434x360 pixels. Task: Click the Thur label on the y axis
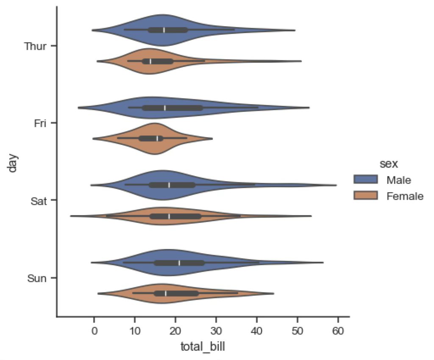35,46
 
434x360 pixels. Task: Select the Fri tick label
40,123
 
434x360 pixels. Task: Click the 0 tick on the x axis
94,330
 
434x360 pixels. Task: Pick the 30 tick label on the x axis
216,330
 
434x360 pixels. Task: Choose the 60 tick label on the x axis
338,330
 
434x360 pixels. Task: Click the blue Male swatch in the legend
365,180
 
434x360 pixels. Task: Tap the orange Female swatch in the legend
365,196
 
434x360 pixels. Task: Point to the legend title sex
388,163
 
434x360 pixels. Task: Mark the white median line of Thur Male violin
164,30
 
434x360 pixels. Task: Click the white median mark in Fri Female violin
157,138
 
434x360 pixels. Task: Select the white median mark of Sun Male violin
179,263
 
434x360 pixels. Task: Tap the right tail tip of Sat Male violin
336,185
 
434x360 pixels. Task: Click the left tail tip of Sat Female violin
71,216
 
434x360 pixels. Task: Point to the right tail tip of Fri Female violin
212,138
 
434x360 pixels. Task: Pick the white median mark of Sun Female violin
166,294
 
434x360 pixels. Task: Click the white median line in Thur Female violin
150,61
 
